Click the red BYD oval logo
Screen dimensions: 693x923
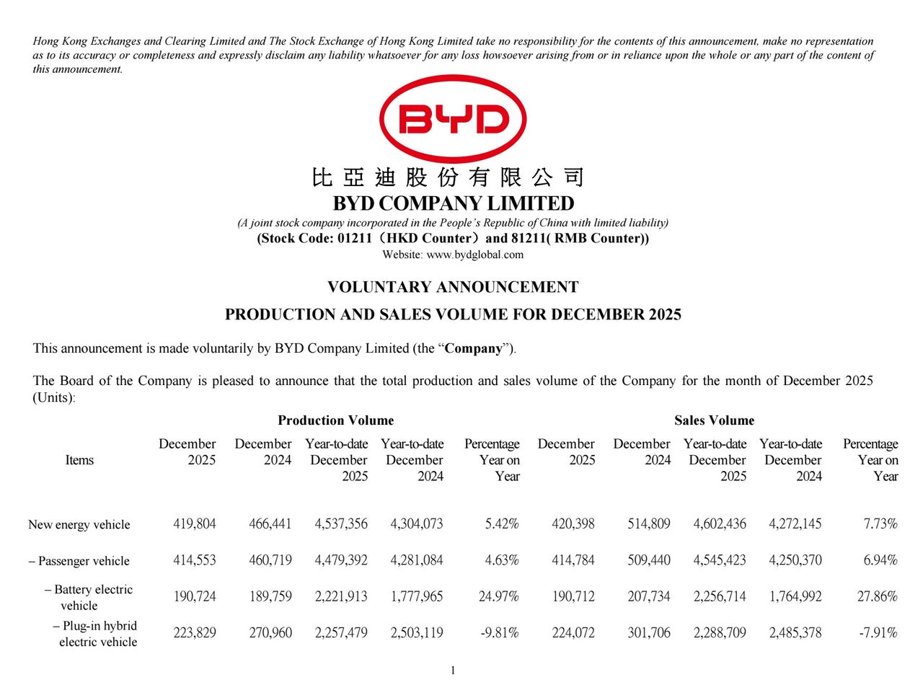coord(453,119)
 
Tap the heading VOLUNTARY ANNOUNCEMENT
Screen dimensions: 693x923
coord(453,287)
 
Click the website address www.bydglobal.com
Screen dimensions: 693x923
coord(475,255)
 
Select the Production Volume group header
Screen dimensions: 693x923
coord(335,420)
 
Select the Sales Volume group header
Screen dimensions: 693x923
coord(714,420)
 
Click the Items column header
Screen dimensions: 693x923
coord(79,460)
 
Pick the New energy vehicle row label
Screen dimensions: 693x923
coord(79,525)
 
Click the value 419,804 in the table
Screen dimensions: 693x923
coord(195,524)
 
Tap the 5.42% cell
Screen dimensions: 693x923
coord(502,524)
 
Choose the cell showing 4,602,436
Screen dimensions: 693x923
coord(720,524)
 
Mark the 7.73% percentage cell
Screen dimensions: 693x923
coord(880,524)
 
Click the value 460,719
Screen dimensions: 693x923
coord(270,560)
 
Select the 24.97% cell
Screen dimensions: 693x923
coord(499,597)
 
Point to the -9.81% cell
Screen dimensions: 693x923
coord(500,633)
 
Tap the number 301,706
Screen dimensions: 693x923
coord(649,633)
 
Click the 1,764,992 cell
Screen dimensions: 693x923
coord(795,597)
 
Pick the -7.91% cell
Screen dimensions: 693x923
coord(878,633)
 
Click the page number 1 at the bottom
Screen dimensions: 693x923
coord(453,671)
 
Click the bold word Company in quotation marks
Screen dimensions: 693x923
coord(473,348)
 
